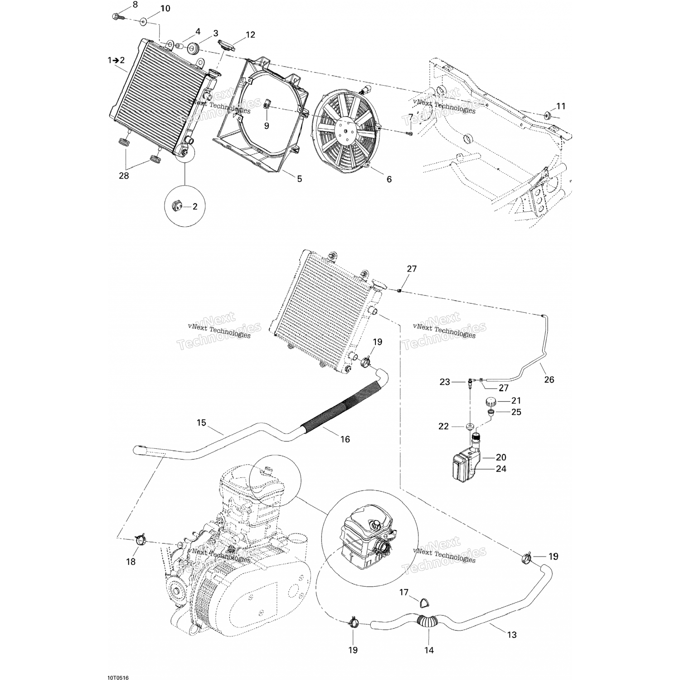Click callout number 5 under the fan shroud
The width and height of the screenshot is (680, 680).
coord(299,179)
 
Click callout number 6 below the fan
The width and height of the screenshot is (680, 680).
coord(389,179)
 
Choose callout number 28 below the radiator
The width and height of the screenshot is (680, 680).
coord(124,176)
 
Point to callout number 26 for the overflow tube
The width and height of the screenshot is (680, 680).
coord(549,379)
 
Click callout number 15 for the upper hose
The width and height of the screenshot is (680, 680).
coord(201,423)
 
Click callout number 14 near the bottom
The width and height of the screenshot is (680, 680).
coord(429,650)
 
